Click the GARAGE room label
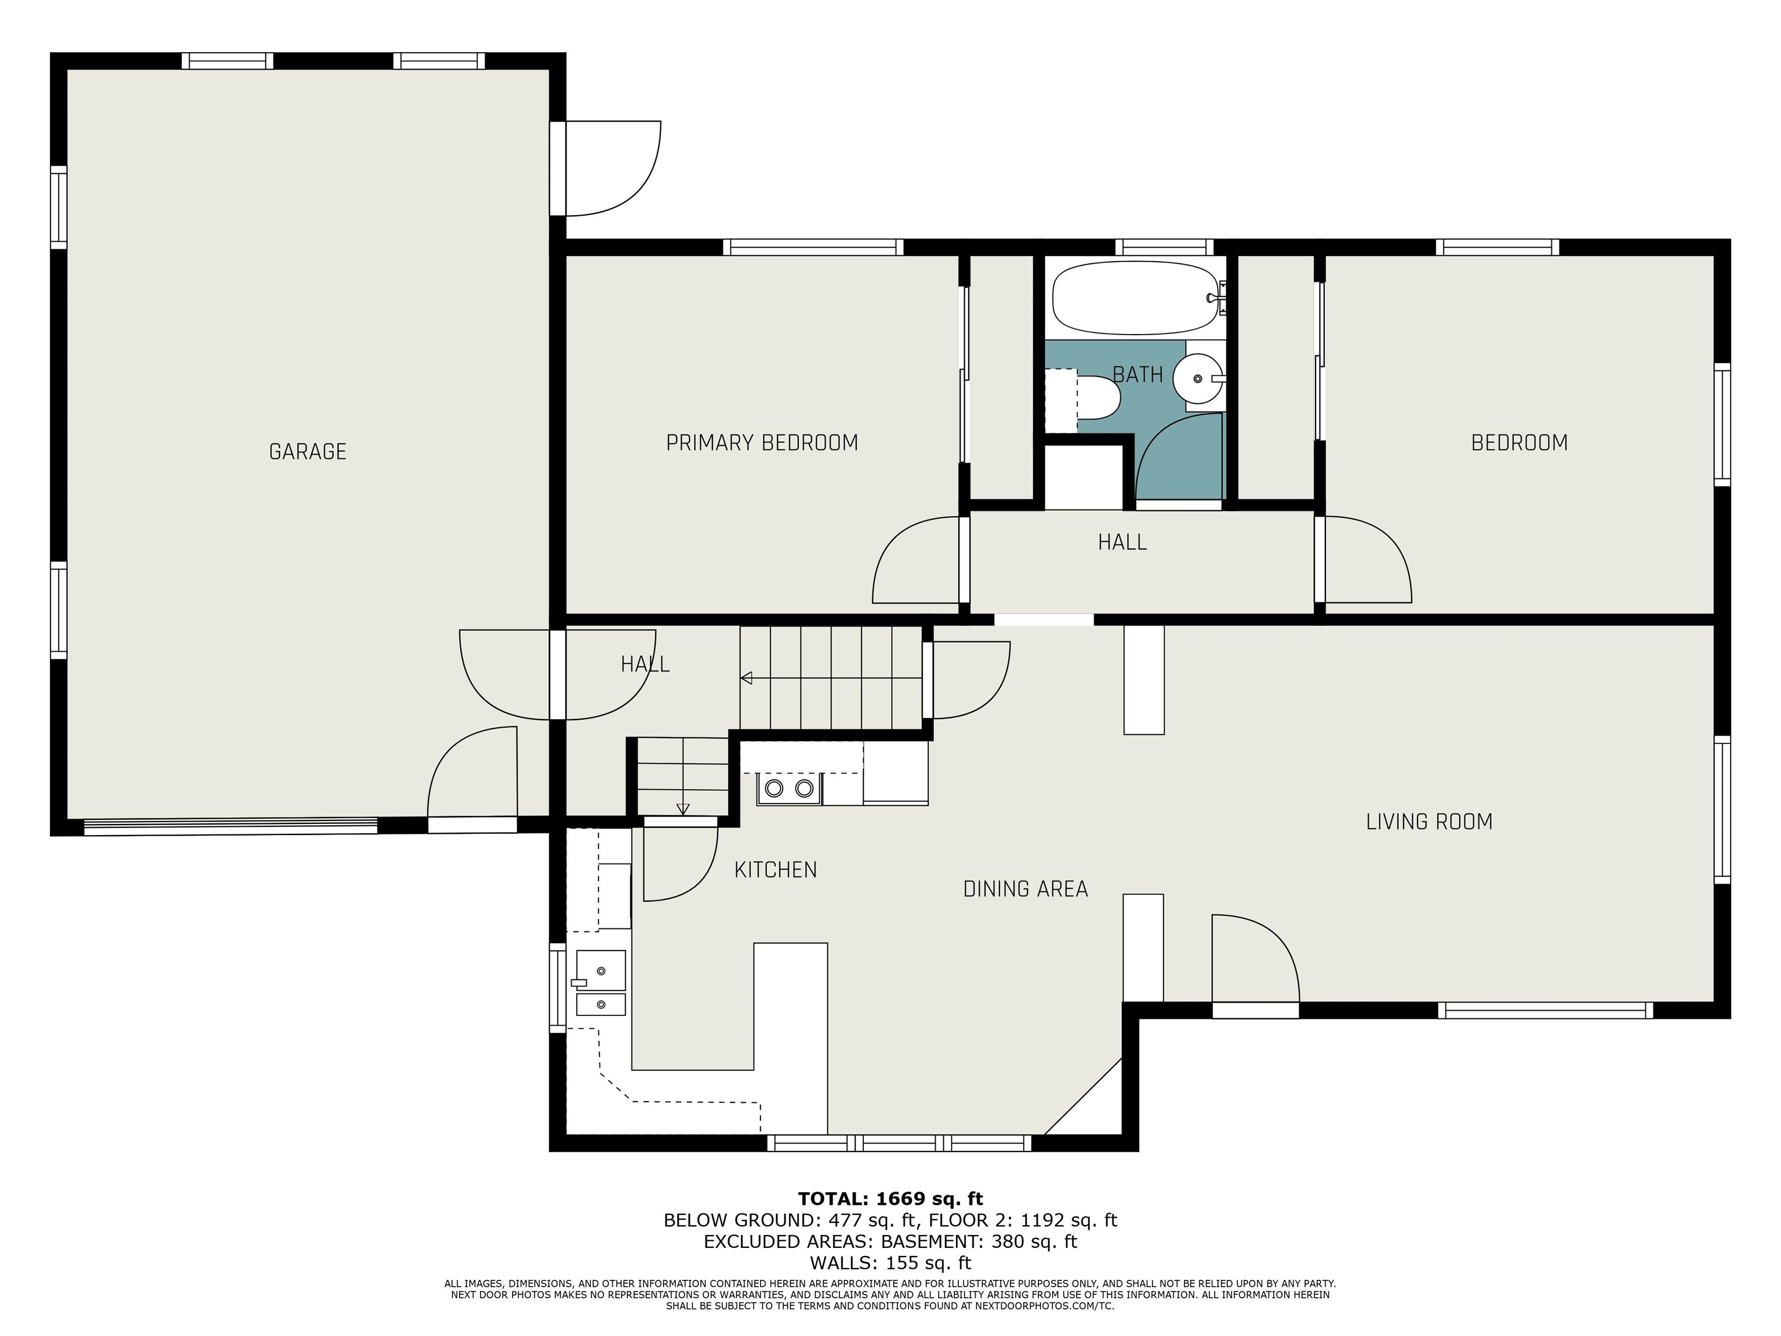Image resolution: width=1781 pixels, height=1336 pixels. pyautogui.click(x=308, y=452)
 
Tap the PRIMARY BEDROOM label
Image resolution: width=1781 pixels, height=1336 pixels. pyautogui.click(x=762, y=443)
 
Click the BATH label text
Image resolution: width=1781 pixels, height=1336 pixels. pyautogui.click(x=1137, y=375)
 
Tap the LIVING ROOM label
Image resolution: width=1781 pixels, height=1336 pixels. pyautogui.click(x=1429, y=822)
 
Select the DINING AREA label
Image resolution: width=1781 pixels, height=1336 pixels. pyautogui.click(x=1026, y=889)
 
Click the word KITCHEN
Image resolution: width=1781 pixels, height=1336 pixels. pyautogui.click(x=775, y=870)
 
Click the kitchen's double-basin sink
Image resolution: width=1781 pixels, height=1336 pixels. pyautogui.click(x=601, y=982)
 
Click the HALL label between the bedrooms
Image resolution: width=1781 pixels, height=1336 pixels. pyautogui.click(x=1122, y=543)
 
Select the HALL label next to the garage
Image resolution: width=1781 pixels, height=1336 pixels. pyautogui.click(x=645, y=665)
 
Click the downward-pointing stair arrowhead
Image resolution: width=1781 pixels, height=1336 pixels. pyautogui.click(x=683, y=809)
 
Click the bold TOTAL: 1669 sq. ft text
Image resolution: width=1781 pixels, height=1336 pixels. pyautogui.click(x=890, y=1199)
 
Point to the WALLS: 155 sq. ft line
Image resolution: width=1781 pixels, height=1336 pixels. pyautogui.click(x=890, y=1263)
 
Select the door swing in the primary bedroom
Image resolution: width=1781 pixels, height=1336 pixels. pyautogui.click(x=916, y=560)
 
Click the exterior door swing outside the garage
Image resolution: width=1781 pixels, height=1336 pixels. pyautogui.click(x=613, y=168)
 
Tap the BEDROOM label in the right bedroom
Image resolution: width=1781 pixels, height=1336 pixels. pyautogui.click(x=1520, y=443)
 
